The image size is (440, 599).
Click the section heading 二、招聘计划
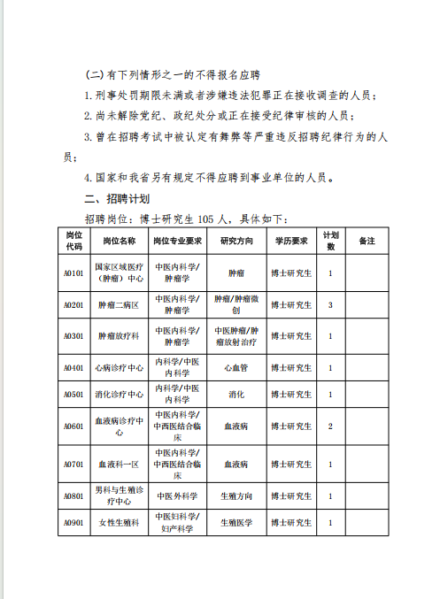(x=116, y=197)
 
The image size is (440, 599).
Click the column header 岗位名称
(x=120, y=240)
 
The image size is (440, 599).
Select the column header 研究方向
(x=236, y=240)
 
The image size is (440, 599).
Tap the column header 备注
(x=366, y=240)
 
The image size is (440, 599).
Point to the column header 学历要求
(x=290, y=240)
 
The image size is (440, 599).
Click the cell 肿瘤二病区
(x=120, y=304)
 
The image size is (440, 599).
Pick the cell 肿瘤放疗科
(x=120, y=336)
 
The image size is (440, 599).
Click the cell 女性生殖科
(x=120, y=523)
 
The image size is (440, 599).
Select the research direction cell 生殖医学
(x=236, y=523)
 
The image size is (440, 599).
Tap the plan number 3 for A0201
(x=330, y=304)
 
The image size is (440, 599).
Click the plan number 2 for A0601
(x=330, y=426)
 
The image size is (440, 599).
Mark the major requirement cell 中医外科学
(x=177, y=496)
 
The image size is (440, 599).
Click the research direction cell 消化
(x=236, y=394)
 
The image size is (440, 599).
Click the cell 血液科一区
(x=120, y=463)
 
